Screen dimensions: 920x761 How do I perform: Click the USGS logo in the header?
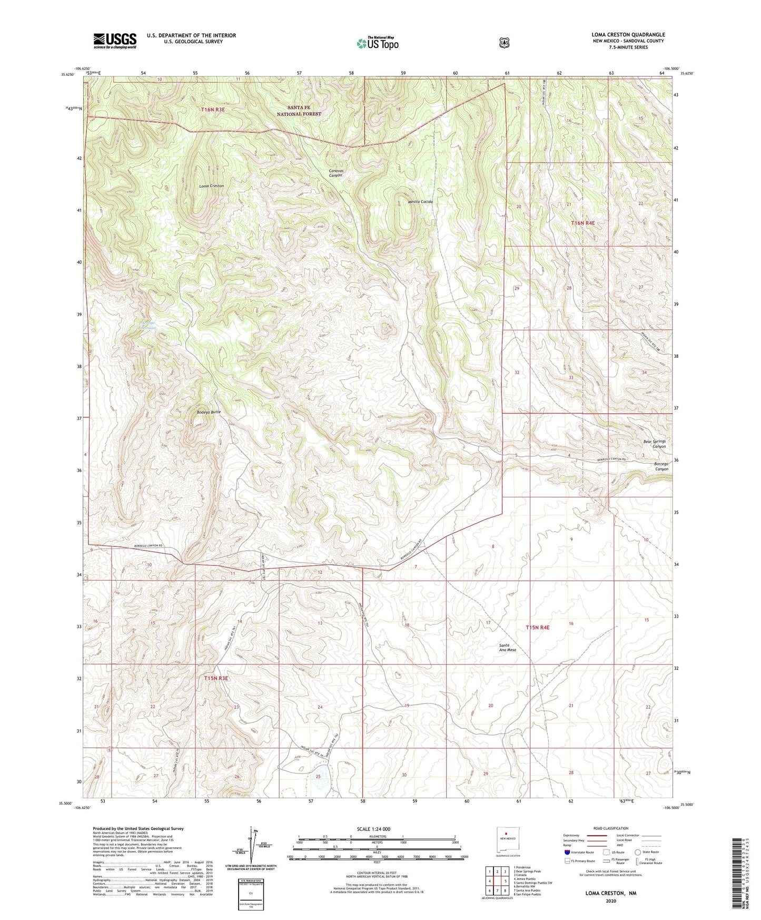(x=115, y=41)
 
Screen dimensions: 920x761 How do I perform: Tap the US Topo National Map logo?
(x=377, y=43)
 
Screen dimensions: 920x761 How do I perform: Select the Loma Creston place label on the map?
(x=211, y=186)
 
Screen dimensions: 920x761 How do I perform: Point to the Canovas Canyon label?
(x=335, y=172)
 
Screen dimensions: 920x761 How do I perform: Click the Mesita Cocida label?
(x=420, y=202)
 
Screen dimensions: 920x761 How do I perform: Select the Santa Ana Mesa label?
(x=507, y=648)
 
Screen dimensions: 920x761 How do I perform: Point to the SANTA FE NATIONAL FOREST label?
(x=299, y=110)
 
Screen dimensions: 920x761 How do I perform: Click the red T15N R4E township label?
(x=537, y=628)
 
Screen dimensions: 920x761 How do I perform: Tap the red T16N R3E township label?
(x=213, y=109)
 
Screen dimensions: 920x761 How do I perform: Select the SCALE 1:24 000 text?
(x=373, y=829)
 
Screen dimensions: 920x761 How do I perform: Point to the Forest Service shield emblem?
(x=504, y=43)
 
